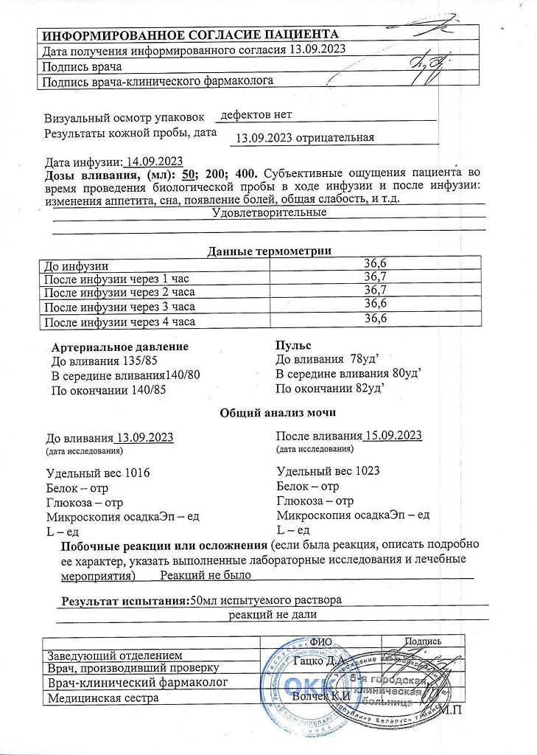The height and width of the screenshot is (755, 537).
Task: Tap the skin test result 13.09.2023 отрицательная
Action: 305,138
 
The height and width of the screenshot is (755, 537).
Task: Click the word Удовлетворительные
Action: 269,212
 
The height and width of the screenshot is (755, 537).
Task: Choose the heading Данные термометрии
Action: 269,251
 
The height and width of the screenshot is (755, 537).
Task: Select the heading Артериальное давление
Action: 120,347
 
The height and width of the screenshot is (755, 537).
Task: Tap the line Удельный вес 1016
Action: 98,473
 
